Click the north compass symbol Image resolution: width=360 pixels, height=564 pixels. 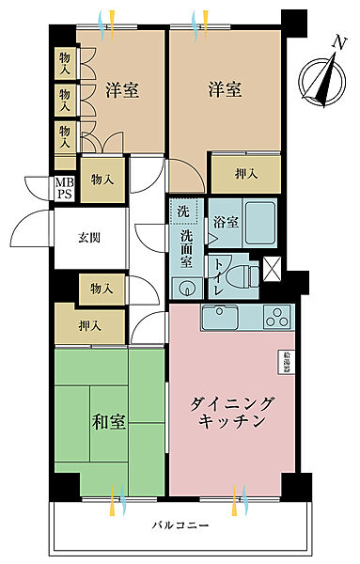point(321,79)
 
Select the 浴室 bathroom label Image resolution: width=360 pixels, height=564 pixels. point(226,223)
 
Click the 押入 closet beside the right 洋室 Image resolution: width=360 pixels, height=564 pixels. point(245,173)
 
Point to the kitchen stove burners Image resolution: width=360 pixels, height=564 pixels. point(279,318)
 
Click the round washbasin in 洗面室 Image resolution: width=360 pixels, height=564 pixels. point(187,287)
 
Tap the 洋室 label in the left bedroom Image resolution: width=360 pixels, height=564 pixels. point(122,90)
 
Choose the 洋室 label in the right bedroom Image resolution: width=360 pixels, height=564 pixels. point(226,90)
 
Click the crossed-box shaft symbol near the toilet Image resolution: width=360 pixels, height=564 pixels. point(274,268)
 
